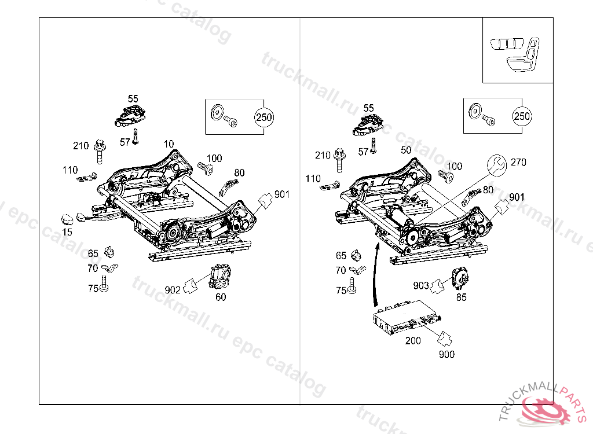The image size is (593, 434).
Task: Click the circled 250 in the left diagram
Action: click(263, 117)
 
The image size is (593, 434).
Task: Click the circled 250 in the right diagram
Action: click(522, 116)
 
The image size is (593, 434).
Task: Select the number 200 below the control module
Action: click(413, 341)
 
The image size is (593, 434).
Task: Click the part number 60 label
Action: click(221, 297)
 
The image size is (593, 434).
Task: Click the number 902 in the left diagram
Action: click(173, 290)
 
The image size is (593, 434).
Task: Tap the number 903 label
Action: click(421, 286)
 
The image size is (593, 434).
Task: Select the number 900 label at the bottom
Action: click(446, 354)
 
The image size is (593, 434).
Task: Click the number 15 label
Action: click(68, 232)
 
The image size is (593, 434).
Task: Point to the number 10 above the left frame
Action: click(169, 144)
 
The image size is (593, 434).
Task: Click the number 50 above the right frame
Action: click(406, 150)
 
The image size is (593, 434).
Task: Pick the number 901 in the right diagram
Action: click(516, 197)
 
